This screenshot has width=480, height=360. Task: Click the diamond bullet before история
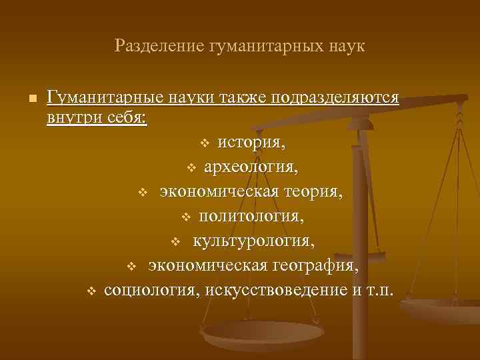[205, 143]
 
